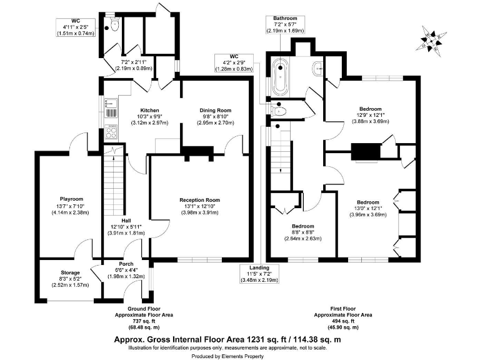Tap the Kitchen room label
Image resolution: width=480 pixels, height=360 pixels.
[149, 109]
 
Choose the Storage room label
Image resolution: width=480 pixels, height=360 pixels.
[70, 272]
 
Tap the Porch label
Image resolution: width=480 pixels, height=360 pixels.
[127, 264]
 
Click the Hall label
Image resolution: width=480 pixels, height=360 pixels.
[126, 221]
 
